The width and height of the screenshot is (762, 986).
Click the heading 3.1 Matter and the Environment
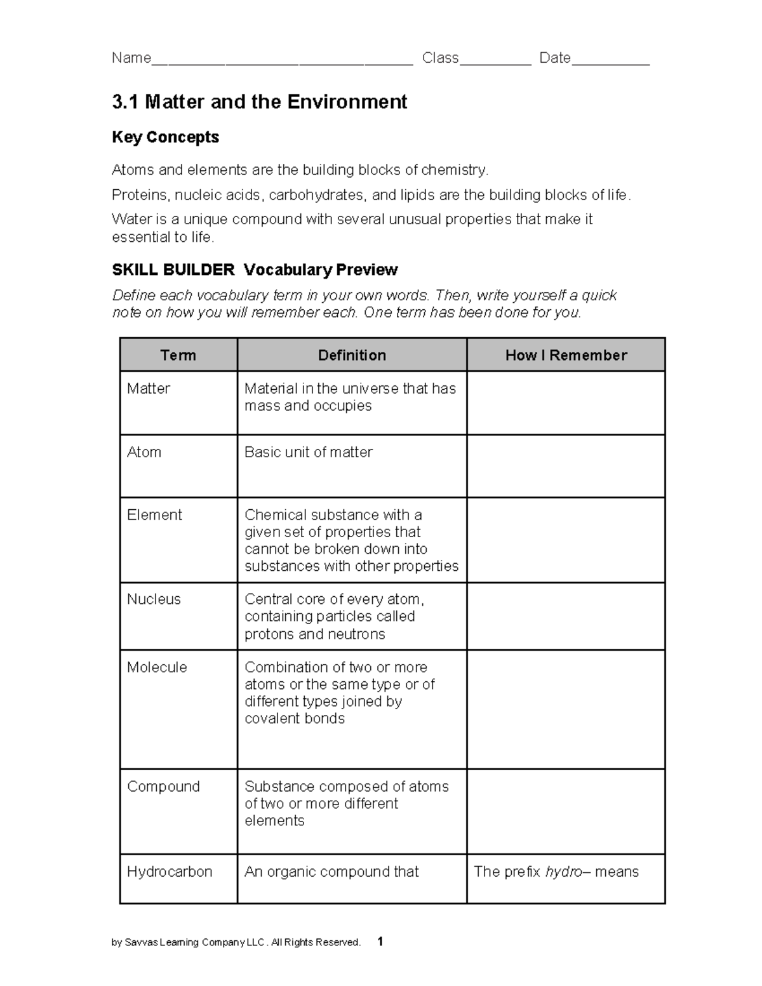(259, 102)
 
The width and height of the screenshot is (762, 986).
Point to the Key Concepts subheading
(165, 137)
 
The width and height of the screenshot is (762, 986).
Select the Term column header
(178, 355)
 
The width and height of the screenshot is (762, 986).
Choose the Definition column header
(352, 355)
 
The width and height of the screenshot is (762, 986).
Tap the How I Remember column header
(566, 355)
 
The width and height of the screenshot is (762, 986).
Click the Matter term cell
(149, 389)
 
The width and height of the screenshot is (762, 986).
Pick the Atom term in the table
(144, 452)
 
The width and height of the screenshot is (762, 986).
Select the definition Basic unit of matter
(309, 452)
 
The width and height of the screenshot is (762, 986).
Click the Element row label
(154, 515)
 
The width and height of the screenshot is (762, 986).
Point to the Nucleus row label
(154, 599)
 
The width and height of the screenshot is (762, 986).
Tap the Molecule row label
(157, 667)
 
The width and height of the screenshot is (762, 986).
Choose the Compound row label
(163, 787)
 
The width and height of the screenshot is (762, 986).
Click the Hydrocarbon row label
(170, 872)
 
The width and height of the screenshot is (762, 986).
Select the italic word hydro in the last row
(563, 872)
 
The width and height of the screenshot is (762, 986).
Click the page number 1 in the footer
(380, 942)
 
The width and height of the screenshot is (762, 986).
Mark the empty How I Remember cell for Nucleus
(566, 616)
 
